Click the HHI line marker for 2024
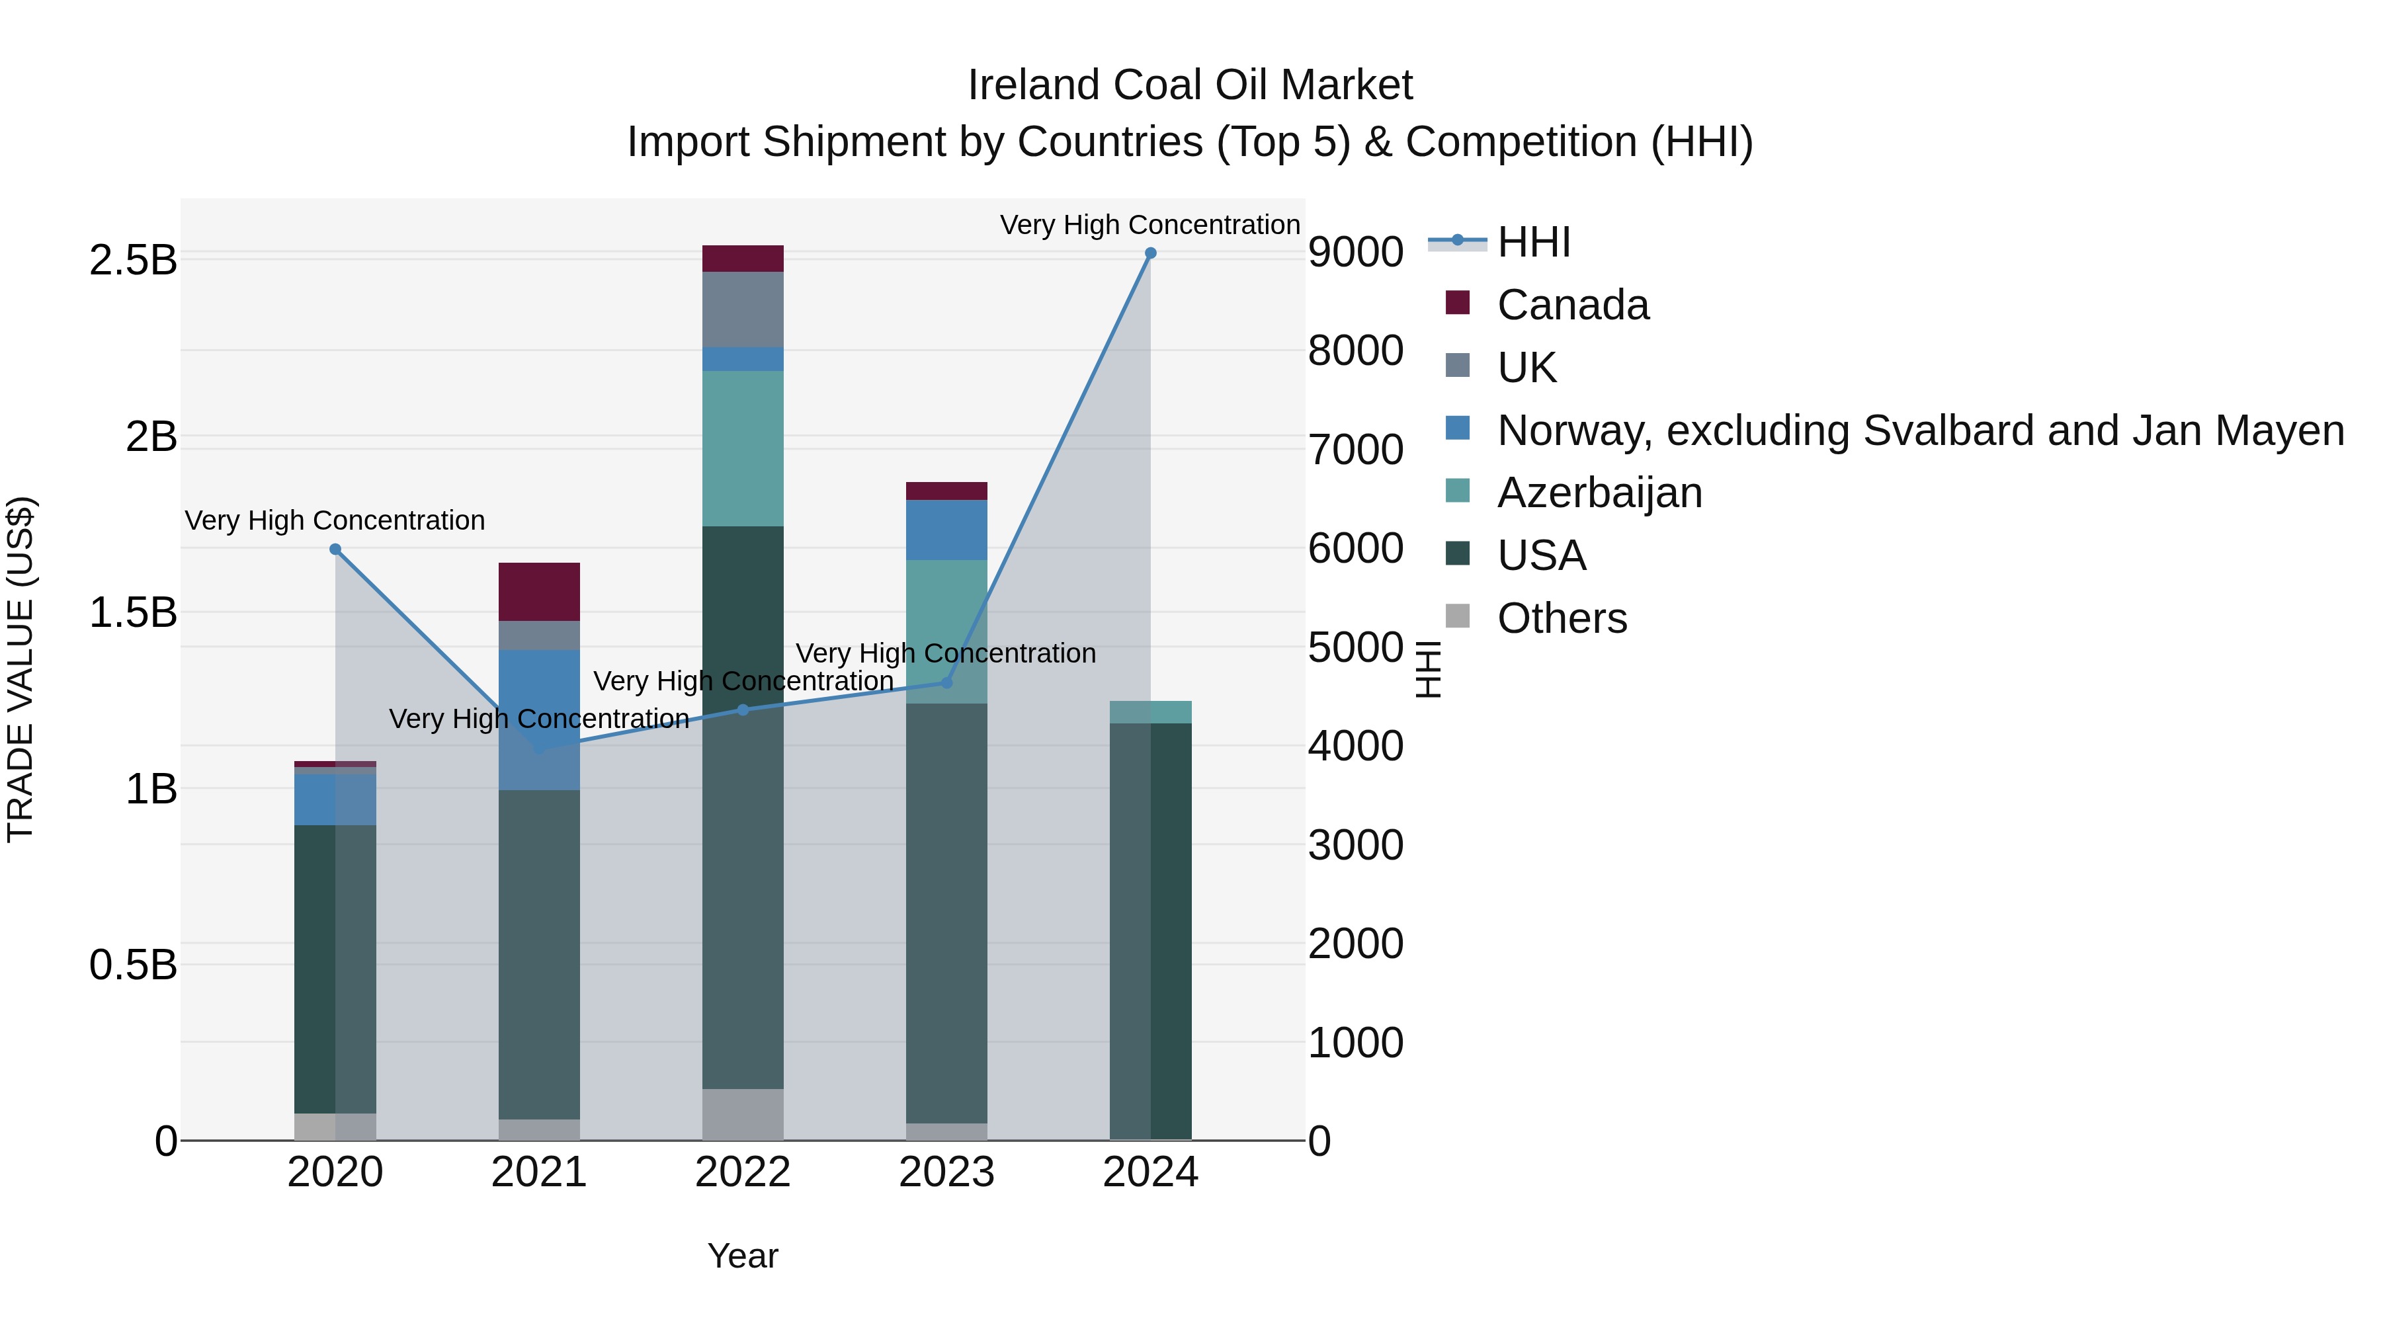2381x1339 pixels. tap(1150, 253)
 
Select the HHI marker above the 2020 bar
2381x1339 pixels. tap(335, 549)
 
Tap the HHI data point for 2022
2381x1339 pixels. tap(743, 710)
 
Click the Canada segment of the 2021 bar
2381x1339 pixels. tap(539, 591)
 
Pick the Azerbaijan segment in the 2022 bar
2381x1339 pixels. tap(743, 448)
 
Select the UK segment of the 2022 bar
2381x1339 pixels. tap(743, 309)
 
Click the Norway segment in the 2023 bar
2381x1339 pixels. tap(946, 530)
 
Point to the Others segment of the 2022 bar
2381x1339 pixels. tap(743, 1114)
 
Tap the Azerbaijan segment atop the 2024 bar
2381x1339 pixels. tap(1150, 711)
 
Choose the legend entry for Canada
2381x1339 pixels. tap(1572, 305)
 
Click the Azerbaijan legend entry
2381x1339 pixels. tap(1599, 493)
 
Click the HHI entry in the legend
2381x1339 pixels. tap(1533, 242)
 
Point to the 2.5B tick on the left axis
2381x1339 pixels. tap(132, 261)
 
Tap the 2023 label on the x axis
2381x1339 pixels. tap(946, 1172)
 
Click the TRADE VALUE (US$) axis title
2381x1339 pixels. tap(21, 669)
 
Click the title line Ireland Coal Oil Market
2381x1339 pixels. tap(1190, 85)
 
